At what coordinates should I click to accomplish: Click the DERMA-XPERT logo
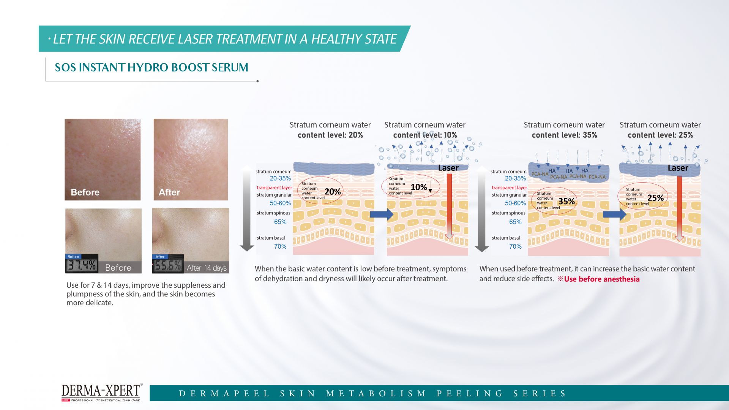point(102,392)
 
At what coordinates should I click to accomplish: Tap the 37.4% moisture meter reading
point(82,265)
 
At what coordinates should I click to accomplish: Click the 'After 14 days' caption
point(207,268)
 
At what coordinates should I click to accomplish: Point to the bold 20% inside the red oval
point(333,192)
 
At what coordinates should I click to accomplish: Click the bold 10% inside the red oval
point(419,187)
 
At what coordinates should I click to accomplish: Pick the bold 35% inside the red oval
point(566,202)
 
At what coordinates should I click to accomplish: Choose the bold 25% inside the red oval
point(656,198)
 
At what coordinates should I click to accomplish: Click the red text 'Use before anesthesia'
point(602,279)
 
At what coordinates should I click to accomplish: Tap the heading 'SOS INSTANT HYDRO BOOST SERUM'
point(151,68)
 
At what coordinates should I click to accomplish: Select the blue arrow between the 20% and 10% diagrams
point(382,214)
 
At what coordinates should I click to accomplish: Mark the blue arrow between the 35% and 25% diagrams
point(615,214)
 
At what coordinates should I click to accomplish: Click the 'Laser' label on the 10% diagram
point(448,168)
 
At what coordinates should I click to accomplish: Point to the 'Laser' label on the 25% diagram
point(678,168)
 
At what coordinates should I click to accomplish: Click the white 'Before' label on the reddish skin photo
point(85,192)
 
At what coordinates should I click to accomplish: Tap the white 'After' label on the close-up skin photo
point(169,192)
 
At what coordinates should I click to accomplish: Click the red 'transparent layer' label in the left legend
point(274,188)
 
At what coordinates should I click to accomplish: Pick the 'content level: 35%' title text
point(564,135)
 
